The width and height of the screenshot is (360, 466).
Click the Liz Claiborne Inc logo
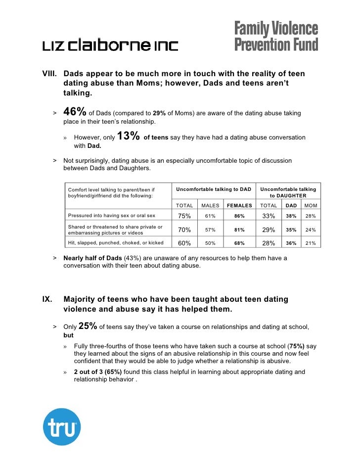109,46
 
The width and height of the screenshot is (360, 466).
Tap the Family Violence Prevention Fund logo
276,36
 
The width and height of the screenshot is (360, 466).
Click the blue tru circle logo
61,426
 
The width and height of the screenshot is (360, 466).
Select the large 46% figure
75,113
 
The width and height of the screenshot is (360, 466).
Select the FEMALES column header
239,205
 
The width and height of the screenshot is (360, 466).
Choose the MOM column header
311,205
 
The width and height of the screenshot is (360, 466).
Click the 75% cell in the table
184,216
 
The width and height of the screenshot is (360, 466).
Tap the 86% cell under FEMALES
239,216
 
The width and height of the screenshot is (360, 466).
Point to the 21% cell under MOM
311,243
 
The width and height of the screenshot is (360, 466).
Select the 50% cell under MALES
210,243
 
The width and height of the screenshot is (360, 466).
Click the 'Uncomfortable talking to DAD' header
214,189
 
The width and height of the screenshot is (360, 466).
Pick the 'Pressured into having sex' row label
111,216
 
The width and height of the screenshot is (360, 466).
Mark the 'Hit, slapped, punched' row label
116,243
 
